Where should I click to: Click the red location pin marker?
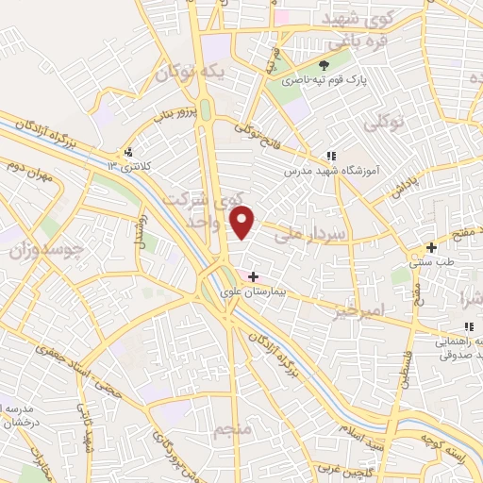tap(243, 223)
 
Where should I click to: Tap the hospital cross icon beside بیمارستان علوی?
tap(252, 275)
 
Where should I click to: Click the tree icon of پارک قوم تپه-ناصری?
tap(324, 65)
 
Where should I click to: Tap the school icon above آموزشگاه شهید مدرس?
tap(330, 156)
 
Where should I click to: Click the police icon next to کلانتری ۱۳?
tap(128, 152)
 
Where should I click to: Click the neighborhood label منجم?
tap(233, 431)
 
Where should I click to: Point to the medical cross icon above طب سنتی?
tap(430, 247)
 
